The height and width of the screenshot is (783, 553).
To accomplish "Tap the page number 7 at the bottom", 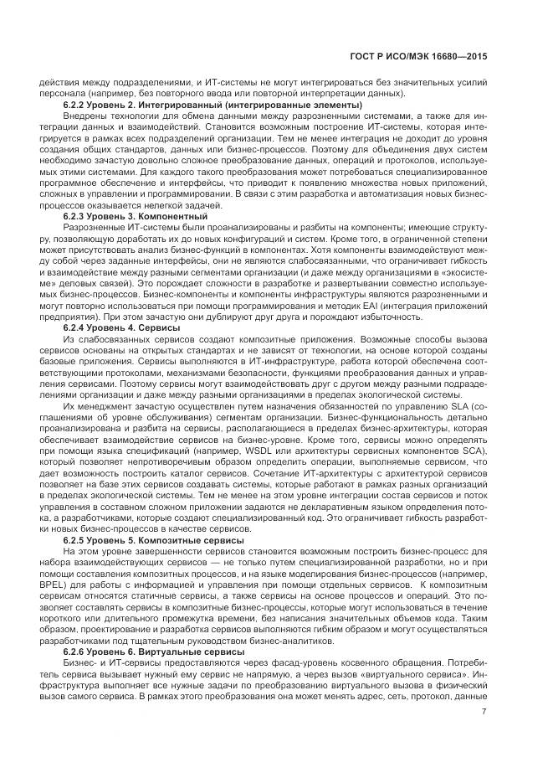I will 484,712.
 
